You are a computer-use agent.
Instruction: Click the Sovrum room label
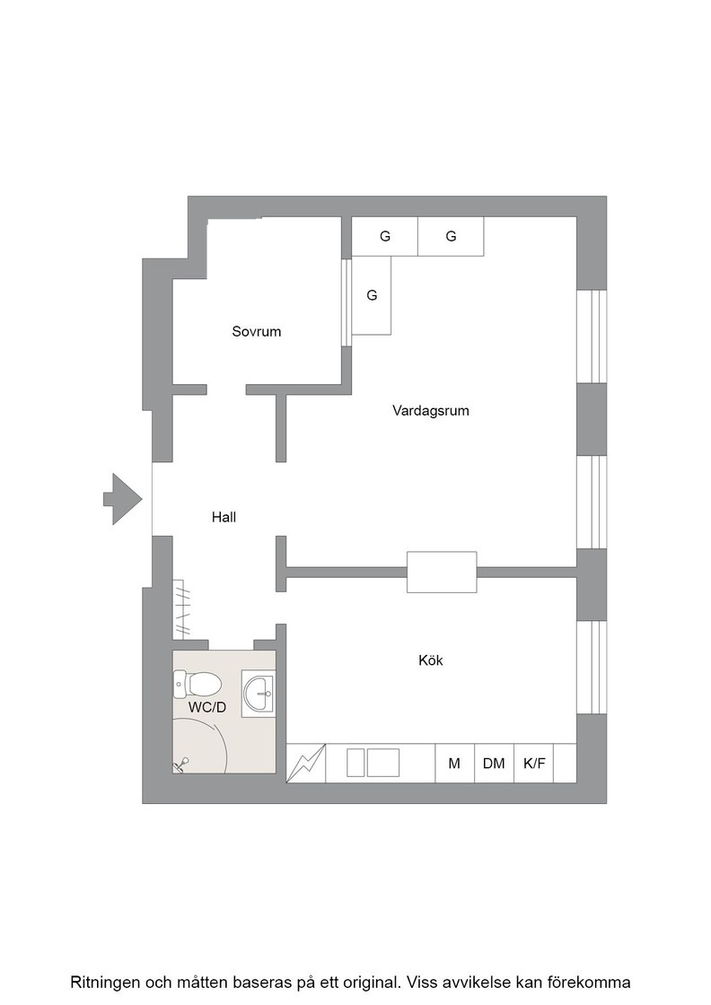click(257, 331)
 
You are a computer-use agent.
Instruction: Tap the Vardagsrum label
click(431, 410)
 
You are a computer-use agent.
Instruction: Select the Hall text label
click(224, 517)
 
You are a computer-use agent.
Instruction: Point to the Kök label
click(431, 660)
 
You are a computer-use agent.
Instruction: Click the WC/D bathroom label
click(207, 708)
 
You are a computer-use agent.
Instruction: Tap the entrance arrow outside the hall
click(122, 499)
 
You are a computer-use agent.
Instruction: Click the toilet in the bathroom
click(197, 685)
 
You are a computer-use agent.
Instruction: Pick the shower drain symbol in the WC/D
click(182, 764)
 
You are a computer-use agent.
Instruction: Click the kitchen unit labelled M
click(454, 763)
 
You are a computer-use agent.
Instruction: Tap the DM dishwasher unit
click(494, 763)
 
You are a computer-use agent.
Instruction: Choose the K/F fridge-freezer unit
click(533, 763)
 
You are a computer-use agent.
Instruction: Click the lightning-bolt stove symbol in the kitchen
click(306, 763)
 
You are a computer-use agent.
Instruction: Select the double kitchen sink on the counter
click(373, 763)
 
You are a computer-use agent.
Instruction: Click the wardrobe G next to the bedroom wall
click(372, 295)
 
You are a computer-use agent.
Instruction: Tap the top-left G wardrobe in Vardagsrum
click(384, 237)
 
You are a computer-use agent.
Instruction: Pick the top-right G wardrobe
click(451, 237)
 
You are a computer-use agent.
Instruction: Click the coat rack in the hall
click(183, 607)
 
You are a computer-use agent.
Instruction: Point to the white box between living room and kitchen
click(442, 572)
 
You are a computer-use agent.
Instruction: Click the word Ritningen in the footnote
click(104, 982)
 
